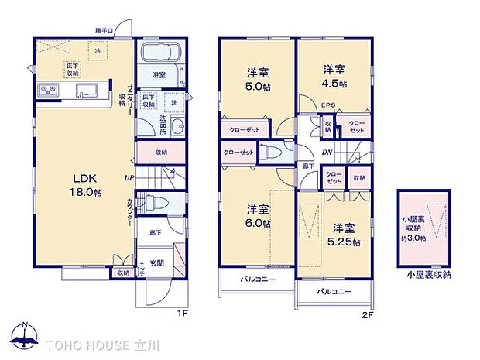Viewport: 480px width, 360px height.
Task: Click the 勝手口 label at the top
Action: click(x=104, y=30)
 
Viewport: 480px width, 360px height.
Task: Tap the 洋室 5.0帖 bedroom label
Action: click(x=256, y=78)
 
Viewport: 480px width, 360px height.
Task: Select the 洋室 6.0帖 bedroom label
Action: click(x=256, y=215)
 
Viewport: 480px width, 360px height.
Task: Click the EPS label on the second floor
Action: click(x=327, y=108)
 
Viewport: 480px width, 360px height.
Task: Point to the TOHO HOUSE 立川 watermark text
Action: click(x=94, y=342)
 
